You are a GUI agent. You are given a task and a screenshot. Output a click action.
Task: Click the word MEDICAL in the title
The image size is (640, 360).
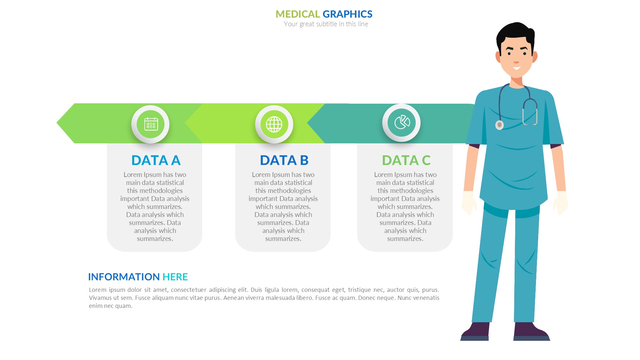coord(298,14)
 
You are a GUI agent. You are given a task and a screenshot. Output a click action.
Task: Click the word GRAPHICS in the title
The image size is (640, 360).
coord(348,14)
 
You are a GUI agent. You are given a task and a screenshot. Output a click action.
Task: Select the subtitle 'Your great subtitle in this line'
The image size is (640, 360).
coord(326,24)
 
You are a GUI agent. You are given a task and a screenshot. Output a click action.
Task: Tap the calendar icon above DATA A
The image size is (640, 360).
coord(151,124)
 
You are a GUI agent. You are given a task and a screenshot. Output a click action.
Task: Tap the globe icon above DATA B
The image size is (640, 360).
coord(274,124)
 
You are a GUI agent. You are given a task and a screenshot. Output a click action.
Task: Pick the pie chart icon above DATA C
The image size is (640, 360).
coord(402,123)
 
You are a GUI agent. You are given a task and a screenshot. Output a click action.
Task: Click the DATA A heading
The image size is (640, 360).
coord(156,160)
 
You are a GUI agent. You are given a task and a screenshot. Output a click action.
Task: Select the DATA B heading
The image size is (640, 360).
coord(284,160)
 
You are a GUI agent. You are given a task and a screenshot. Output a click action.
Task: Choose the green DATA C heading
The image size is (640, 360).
coord(406,160)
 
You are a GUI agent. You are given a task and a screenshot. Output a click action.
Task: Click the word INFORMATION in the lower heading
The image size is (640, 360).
coord(124,277)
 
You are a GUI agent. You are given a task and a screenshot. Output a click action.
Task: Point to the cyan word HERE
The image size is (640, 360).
coord(175,277)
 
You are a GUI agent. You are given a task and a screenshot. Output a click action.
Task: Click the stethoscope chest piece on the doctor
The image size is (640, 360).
coord(500,125)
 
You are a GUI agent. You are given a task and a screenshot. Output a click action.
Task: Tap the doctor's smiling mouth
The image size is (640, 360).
coord(517,68)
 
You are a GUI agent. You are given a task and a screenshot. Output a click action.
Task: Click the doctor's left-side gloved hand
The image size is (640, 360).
coord(469,203)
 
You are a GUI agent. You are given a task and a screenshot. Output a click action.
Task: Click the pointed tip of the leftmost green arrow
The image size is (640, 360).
coord(57,123)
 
